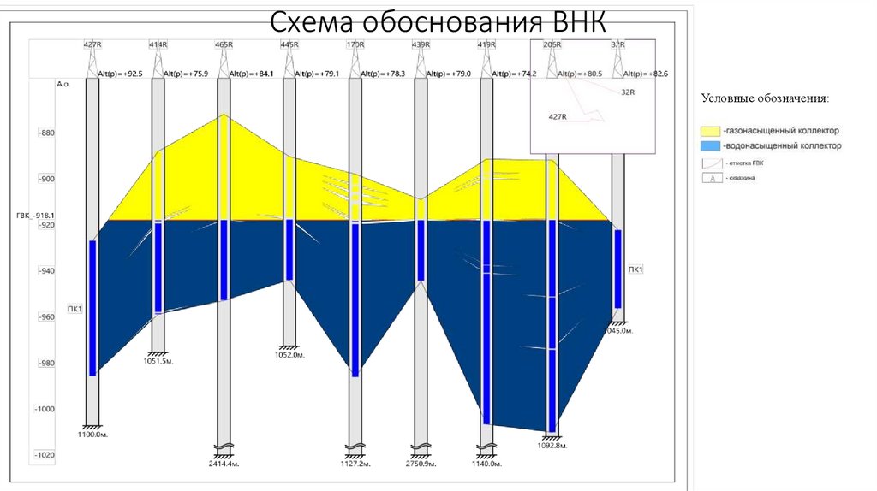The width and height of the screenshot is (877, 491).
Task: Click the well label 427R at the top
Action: click(x=92, y=44)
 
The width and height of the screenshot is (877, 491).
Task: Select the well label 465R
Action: click(x=224, y=44)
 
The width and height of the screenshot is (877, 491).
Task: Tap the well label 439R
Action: click(x=421, y=44)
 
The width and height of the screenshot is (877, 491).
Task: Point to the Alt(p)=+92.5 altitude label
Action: click(x=119, y=74)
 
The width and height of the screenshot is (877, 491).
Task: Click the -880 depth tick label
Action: click(x=45, y=133)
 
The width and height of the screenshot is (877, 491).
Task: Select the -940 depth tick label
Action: click(x=45, y=271)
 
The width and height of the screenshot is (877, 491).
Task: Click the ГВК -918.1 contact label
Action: click(x=35, y=216)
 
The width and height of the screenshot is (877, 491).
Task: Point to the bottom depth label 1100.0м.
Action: click(x=94, y=435)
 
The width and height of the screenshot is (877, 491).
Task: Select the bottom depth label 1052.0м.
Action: click(x=289, y=354)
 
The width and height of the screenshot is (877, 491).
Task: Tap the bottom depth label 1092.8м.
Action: click(x=552, y=445)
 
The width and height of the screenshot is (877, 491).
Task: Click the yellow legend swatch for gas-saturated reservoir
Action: click(x=710, y=131)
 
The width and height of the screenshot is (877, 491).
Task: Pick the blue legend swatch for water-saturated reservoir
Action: click(x=710, y=146)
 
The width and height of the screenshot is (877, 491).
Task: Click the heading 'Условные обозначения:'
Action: click(x=765, y=98)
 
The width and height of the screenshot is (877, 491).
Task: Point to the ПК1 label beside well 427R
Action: click(x=74, y=308)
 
